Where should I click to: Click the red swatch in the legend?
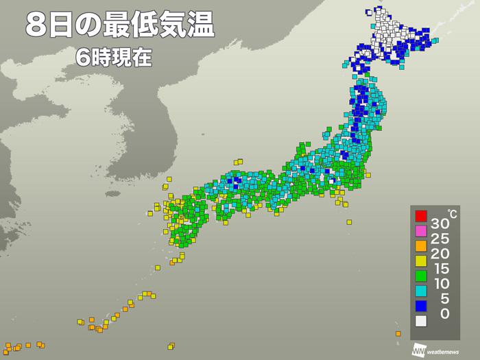(421, 217)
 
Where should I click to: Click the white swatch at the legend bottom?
(421, 320)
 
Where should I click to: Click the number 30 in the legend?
(441, 224)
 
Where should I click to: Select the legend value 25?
(441, 239)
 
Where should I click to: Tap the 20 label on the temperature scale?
(441, 254)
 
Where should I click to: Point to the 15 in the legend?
(441, 269)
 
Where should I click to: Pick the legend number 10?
(441, 284)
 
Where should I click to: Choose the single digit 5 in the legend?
(444, 298)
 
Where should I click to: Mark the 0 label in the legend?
(444, 313)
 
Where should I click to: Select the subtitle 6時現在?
(114, 58)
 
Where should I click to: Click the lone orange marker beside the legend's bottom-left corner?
(398, 334)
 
